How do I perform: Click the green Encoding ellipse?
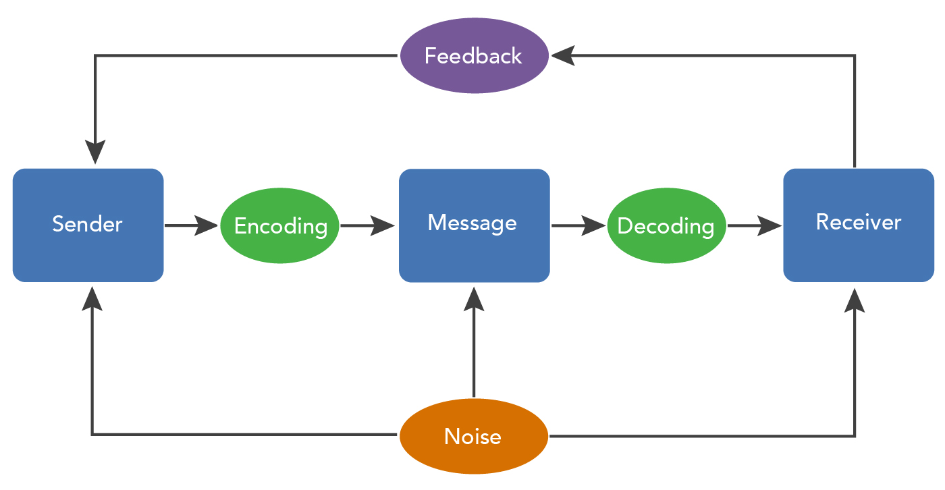pos(280,225)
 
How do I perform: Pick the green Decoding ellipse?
pos(666,225)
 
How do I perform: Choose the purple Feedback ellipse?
pos(473,55)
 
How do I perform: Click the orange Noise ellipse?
pos(473,436)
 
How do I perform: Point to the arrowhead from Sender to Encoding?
pos(207,225)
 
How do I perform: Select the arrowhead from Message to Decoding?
pos(593,225)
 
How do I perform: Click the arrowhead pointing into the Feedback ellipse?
pos(562,55)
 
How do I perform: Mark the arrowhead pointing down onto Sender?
pos(95,152)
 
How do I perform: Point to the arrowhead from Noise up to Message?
pos(474,299)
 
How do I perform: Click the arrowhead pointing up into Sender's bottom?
pos(92,299)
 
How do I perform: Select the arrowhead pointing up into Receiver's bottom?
pos(855,300)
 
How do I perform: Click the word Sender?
pos(88,223)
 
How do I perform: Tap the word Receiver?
pos(858,222)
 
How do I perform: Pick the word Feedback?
pos(473,55)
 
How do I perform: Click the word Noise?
pos(473,437)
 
